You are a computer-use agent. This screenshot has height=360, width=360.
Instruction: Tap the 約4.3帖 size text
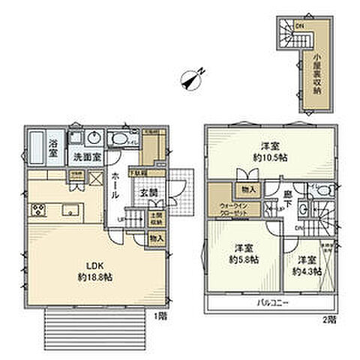pos(304,271)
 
